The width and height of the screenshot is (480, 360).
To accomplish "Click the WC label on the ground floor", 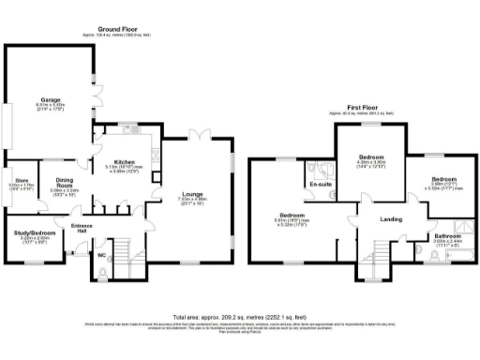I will [100, 254].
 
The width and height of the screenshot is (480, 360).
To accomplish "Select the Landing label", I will [390, 220].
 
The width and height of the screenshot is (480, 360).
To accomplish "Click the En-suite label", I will [321, 185].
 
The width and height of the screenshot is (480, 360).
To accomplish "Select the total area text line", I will [240, 317].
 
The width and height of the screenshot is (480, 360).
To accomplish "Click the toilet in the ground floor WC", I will [101, 274].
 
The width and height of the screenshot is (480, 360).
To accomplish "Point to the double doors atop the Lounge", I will [193, 134].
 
